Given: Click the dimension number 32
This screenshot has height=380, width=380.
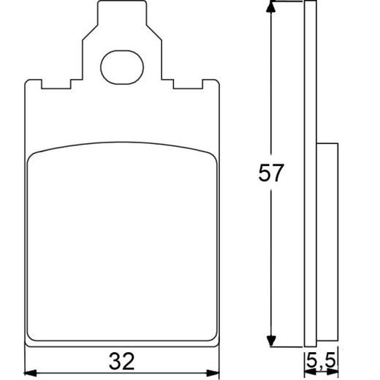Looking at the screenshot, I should pos(123,360).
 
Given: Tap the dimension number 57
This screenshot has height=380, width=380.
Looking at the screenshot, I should pos(270,174).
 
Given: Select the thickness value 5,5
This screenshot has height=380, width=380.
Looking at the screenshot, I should pos(322,360).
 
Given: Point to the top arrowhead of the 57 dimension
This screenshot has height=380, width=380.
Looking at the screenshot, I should pos(272,7).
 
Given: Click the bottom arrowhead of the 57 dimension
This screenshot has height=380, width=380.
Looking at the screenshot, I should pos(272,340).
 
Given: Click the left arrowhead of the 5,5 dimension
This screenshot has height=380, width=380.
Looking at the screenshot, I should pos(308,372).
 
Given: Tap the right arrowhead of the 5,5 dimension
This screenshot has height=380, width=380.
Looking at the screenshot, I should pos(334,372).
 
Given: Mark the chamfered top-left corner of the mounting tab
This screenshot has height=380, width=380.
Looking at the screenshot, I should pos(99,7).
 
